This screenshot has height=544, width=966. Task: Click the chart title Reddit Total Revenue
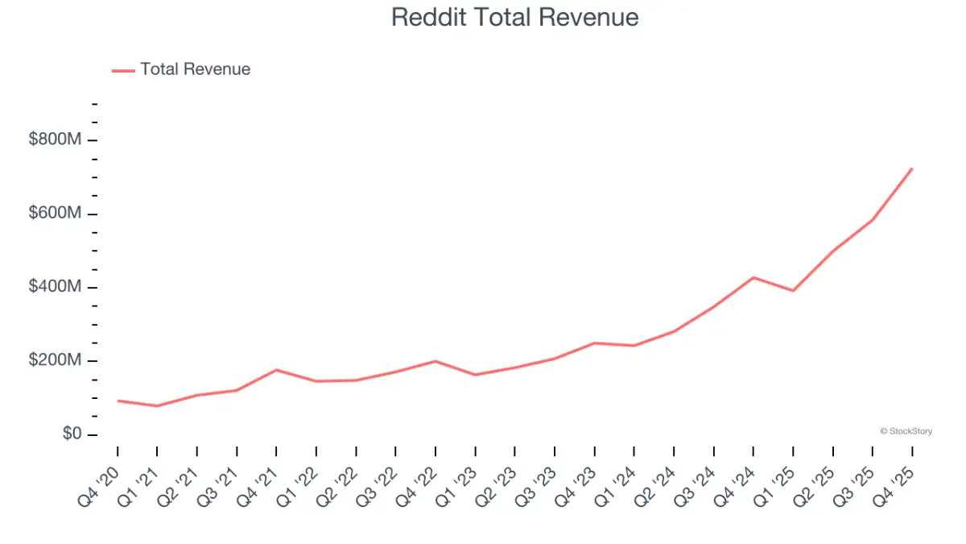[x=514, y=18]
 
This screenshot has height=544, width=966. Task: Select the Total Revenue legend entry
[x=181, y=69]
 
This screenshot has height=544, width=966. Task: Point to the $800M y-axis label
[x=55, y=139]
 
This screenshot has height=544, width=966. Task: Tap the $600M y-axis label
[x=55, y=213]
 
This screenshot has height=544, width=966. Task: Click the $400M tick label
[x=55, y=286]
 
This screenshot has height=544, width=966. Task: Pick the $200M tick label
[x=55, y=359]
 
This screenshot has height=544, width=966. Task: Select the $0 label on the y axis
[x=72, y=433]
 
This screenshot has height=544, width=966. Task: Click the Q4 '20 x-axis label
[x=98, y=487]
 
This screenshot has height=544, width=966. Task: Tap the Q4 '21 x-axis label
[x=257, y=487]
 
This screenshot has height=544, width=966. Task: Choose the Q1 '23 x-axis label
[x=456, y=487]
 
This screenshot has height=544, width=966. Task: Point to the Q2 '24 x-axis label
[x=654, y=487]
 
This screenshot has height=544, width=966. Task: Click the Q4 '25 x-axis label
[x=893, y=487]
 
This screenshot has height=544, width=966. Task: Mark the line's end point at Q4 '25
[x=911, y=168]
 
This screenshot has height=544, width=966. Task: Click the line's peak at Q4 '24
[x=753, y=277]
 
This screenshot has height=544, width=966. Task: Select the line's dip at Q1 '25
[x=793, y=291]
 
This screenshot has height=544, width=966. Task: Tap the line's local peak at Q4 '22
[x=436, y=361]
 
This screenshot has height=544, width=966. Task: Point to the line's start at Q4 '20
[x=118, y=401]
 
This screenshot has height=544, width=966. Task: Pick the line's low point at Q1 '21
[x=157, y=406]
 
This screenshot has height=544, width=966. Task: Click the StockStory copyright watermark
[x=906, y=431]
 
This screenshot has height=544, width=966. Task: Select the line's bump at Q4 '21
[x=276, y=370]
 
